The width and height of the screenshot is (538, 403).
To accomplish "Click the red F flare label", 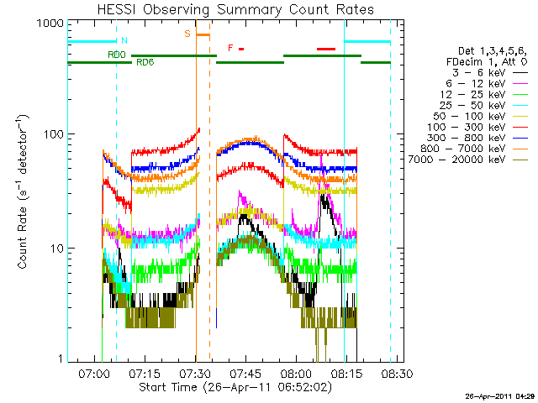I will (x=230, y=48).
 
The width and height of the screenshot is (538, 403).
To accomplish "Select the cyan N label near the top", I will (x=125, y=40).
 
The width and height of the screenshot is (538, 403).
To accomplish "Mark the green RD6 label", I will (x=144, y=62).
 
